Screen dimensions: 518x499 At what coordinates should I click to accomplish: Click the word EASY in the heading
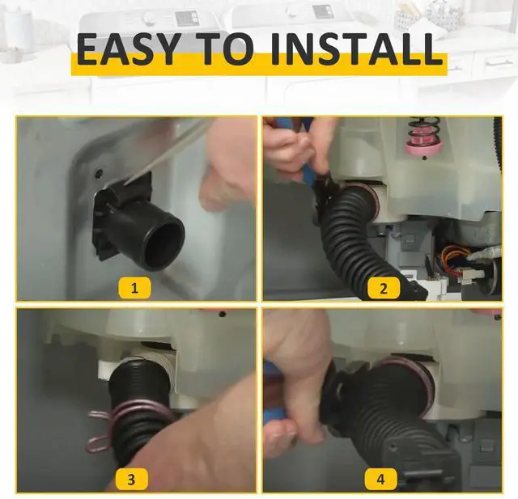pos(129,49)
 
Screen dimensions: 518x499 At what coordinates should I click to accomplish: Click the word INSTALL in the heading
pos(357,49)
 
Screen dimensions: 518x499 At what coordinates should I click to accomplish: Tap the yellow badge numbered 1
pos(134,288)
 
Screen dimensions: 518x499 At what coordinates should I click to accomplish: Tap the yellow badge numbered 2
pos(383,288)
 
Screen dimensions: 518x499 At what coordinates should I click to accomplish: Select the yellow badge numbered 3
pos(131,479)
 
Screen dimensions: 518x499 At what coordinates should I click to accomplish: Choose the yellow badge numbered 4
pos(380,479)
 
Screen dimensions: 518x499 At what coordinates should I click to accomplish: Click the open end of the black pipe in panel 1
pos(163,243)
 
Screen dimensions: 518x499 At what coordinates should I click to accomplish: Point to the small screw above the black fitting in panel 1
pos(98,172)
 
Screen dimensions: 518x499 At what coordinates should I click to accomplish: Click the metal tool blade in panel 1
pos(165,155)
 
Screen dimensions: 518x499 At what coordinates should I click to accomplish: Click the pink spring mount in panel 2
pos(424,146)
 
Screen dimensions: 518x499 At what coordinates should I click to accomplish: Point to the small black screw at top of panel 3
pos(222,314)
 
